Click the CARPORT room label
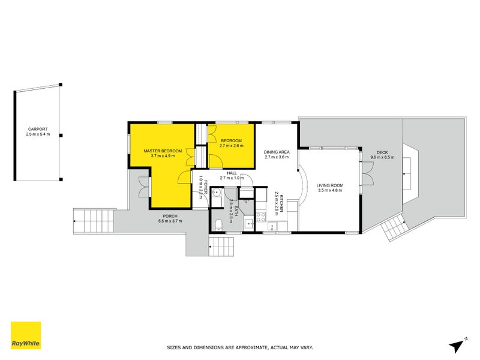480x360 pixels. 37,129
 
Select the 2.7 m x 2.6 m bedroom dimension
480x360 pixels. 230,146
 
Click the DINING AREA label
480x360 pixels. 277,152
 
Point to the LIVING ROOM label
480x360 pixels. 329,185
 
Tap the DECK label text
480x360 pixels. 382,152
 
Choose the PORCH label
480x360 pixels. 170,216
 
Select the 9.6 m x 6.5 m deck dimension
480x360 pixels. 382,158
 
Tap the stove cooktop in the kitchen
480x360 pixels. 262,216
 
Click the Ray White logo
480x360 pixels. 26,335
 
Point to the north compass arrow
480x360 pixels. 459,344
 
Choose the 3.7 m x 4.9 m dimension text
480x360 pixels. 162,156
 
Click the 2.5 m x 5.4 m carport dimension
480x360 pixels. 37,134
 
